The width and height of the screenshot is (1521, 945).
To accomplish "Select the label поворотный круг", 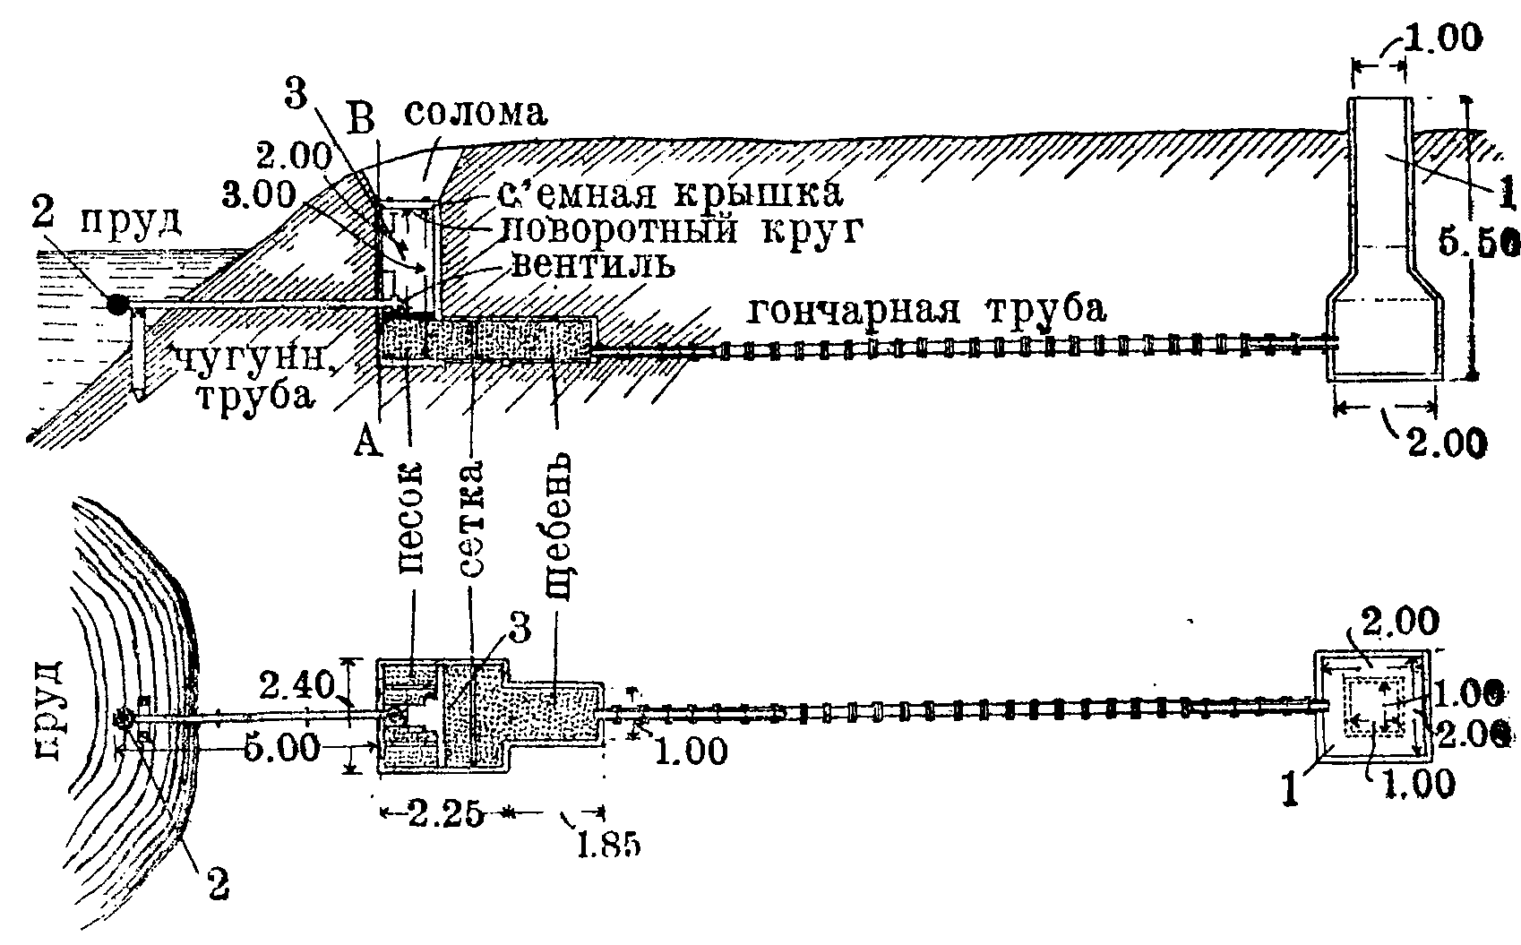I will (680, 231).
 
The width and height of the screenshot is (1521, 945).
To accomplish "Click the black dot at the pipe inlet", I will (117, 304).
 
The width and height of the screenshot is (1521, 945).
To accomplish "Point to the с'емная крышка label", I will (673, 193).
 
